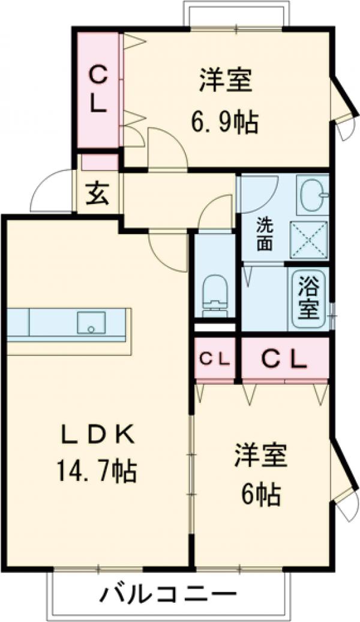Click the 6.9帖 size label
[x=225, y=122]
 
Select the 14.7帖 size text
[x=97, y=471]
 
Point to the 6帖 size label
[x=261, y=494]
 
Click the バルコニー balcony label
[x=167, y=596]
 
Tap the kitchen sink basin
[x=91, y=322]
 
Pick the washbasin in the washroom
[x=313, y=195]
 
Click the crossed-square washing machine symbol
[x=309, y=240]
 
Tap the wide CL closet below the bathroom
[x=284, y=358]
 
